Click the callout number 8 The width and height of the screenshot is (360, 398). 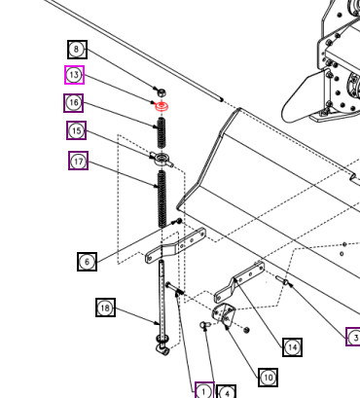point(77,50)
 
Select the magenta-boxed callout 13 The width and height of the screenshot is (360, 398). point(74,75)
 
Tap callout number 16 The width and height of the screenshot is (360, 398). point(74,103)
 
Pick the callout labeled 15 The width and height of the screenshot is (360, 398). point(77,130)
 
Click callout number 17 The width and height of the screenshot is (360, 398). point(78,161)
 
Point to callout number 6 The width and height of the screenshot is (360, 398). point(87,262)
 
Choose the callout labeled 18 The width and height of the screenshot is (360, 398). point(105,308)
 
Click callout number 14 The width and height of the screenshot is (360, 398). point(292,347)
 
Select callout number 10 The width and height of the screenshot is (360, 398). point(268,378)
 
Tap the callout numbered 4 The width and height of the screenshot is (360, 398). point(226,391)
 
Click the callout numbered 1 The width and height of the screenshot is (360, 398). point(204,390)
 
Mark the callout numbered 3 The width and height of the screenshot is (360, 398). point(353,337)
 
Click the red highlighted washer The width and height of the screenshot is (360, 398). point(162,105)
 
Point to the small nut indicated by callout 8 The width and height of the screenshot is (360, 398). point(162,92)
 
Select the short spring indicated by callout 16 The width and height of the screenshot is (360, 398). point(162,132)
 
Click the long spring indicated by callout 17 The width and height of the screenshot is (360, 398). point(162,199)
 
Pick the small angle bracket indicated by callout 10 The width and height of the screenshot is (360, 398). point(224,312)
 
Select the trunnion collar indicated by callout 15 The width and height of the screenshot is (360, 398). point(162,159)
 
